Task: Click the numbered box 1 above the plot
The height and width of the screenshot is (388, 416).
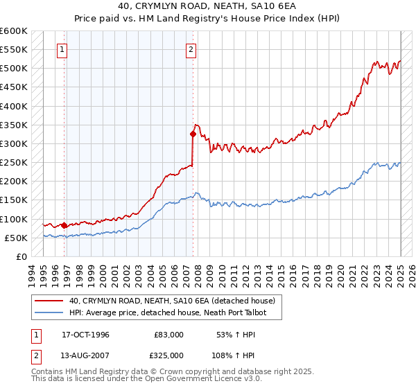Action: pyautogui.click(x=63, y=49)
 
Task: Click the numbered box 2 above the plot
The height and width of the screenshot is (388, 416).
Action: pyautogui.click(x=191, y=49)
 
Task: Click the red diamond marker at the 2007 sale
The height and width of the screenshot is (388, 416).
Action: pyautogui.click(x=193, y=134)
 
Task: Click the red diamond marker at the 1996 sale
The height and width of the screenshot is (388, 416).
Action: pyautogui.click(x=64, y=225)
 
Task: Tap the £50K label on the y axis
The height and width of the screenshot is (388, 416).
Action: pyautogui.click(x=16, y=238)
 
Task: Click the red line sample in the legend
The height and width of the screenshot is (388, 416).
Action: pyautogui.click(x=49, y=301)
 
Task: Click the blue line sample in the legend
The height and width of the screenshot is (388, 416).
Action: pyautogui.click(x=49, y=312)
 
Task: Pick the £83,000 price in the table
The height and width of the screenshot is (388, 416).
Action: pyautogui.click(x=169, y=335)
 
